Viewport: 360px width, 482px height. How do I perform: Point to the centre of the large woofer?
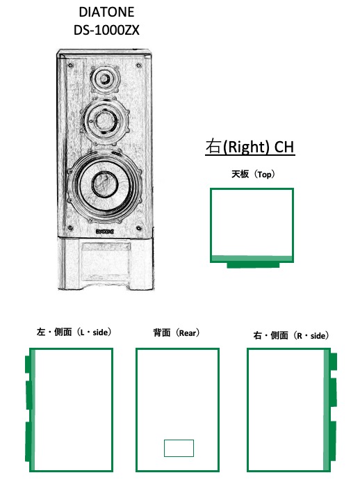pos(103,184)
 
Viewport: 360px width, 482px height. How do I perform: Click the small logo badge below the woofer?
pos(105,233)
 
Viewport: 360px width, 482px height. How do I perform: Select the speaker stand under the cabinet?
pos(105,264)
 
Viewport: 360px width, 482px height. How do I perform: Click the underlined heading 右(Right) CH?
pos(249,147)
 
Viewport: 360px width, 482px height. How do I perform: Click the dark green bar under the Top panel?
pos(253,265)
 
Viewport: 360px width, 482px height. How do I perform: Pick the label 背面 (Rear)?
pos(177,333)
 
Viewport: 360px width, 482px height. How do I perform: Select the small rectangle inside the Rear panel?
pos(179,448)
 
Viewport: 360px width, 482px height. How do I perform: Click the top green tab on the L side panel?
pos(28,364)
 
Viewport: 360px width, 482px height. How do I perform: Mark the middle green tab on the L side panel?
pos(29,394)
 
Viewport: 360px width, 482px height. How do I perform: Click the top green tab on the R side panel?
pos(333,361)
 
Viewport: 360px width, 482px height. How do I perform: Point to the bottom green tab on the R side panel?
pos(333,440)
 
